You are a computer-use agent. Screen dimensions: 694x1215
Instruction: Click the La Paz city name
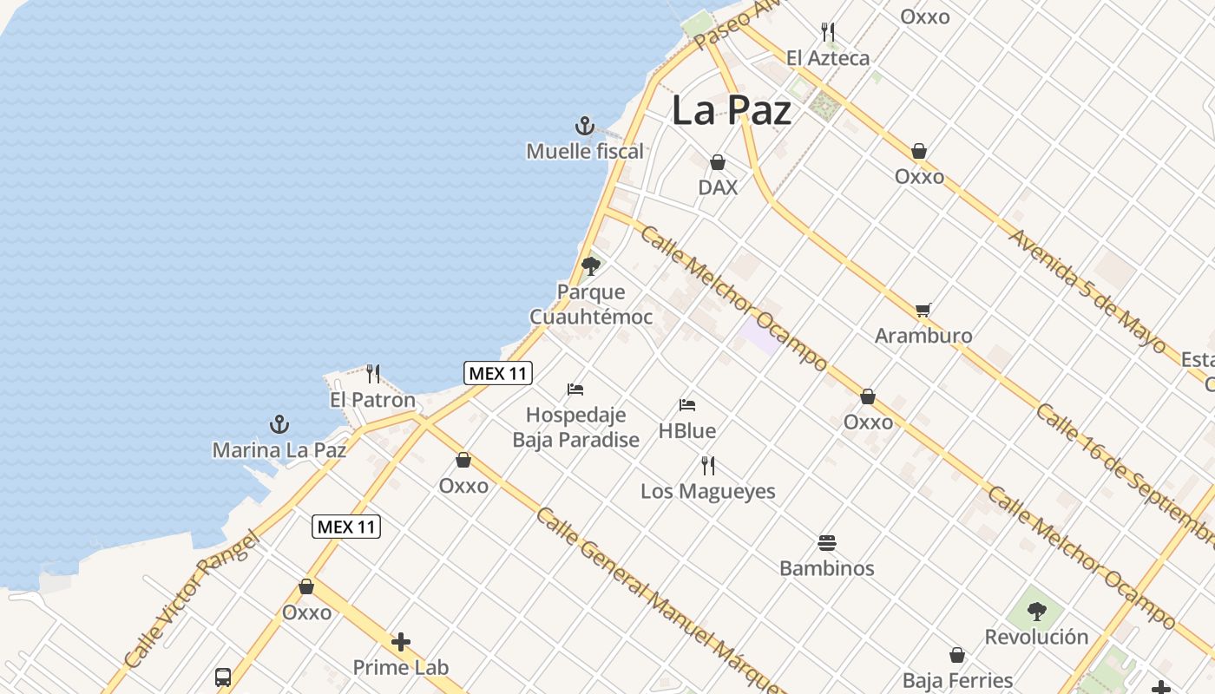tap(732, 111)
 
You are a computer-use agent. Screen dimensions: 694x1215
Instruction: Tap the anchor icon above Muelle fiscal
tap(585, 127)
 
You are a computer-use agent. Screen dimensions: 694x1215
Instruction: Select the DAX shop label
tap(718, 187)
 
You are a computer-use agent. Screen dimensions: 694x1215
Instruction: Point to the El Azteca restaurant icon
tap(828, 33)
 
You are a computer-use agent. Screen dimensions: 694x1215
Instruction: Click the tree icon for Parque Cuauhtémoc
tap(591, 265)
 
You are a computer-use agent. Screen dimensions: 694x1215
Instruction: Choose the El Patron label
tap(372, 401)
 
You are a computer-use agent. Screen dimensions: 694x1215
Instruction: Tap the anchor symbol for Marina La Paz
tap(279, 424)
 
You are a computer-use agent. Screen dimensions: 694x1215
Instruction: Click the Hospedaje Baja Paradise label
tap(575, 427)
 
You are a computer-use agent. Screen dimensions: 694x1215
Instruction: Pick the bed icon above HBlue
tap(687, 405)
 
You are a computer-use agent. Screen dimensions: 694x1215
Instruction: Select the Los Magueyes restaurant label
tap(707, 491)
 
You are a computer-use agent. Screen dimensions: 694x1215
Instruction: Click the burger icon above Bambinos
tap(827, 543)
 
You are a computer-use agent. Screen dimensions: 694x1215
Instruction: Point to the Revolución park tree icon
tap(1036, 612)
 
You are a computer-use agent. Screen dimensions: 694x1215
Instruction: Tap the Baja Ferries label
tap(957, 680)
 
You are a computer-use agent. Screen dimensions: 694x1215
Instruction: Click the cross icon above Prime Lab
tap(401, 642)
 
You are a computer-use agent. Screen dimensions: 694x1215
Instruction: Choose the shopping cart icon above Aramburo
tap(923, 310)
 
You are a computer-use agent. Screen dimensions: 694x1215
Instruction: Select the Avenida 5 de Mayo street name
tap(1087, 290)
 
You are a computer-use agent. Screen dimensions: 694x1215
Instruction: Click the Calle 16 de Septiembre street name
tap(1123, 473)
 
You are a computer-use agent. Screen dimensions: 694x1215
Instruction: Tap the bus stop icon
tap(223, 677)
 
